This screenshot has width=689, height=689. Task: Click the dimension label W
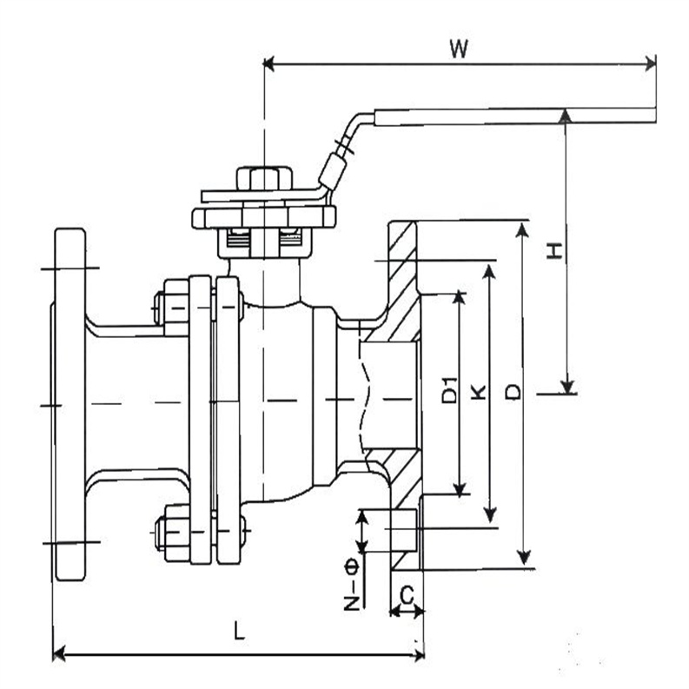point(458,49)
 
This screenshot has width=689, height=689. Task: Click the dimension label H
point(554,250)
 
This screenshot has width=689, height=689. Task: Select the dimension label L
point(239,630)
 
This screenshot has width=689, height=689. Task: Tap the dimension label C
point(407,596)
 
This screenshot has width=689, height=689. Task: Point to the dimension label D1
point(449,390)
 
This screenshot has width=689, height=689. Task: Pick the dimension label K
point(478,392)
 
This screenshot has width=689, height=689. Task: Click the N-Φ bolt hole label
point(352,585)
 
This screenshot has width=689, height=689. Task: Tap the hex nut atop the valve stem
point(264,179)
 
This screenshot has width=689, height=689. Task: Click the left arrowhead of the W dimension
point(269,64)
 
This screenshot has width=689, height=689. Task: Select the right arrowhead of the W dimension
point(650,63)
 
